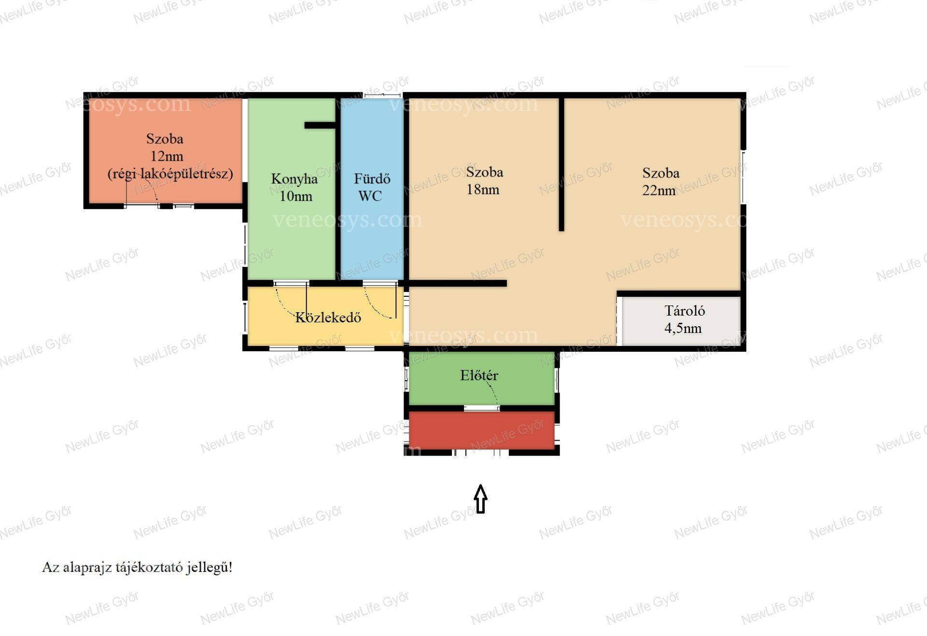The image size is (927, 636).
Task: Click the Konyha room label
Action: [294, 179]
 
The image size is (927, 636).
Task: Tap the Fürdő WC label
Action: [372, 187]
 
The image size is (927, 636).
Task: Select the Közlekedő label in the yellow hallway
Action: [328, 317]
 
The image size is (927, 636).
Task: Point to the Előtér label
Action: [479, 375]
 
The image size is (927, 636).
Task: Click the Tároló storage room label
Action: [685, 310]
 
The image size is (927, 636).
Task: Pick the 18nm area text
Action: [483, 190]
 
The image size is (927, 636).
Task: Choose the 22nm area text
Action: [659, 190]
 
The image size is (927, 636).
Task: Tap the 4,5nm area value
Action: [683, 329]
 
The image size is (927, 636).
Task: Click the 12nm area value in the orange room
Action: [167, 156]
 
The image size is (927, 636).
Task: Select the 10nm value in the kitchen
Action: [296, 196]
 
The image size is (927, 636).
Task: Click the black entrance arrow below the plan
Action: [480, 498]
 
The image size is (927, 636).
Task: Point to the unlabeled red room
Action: [481, 430]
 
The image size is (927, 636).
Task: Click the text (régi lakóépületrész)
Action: [170, 173]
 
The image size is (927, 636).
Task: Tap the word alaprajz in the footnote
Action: [87, 567]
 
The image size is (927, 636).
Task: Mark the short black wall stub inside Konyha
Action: [320, 125]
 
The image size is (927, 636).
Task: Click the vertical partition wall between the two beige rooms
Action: [562, 165]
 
